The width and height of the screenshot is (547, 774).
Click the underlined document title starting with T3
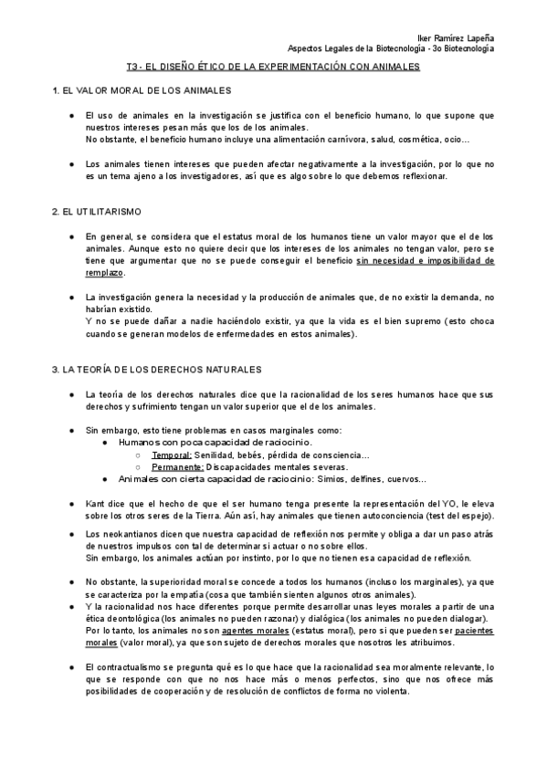coord(273,68)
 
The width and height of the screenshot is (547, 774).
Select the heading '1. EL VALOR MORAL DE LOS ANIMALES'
coord(142,91)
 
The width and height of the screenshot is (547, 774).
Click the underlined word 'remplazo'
coord(104,272)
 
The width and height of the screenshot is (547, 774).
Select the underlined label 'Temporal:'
coord(172,455)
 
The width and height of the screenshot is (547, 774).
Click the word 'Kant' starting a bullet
coord(95,503)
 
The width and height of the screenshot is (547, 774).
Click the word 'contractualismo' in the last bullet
coord(129,668)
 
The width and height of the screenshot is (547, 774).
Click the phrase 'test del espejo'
coord(428,515)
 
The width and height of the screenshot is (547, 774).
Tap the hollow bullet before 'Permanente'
coord(137,466)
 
